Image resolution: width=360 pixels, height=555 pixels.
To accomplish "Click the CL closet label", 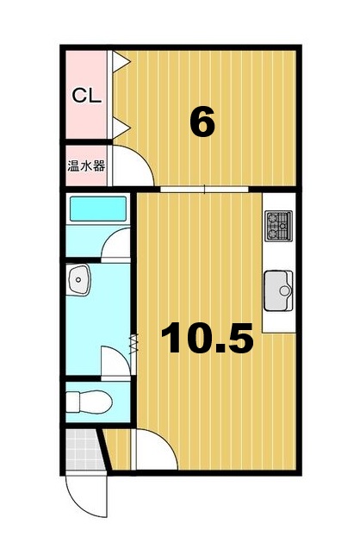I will tap(85, 95).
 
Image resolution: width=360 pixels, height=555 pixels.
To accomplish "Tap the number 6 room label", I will tap(202, 123).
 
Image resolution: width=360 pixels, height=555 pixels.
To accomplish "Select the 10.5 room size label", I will tap(208, 340).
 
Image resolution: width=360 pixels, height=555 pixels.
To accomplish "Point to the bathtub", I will tap(97, 209).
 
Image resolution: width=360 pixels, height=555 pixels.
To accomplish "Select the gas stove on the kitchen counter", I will tap(279, 226).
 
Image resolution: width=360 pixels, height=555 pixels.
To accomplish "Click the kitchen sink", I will tap(279, 286).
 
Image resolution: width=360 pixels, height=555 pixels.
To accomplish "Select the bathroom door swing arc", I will tap(117, 245).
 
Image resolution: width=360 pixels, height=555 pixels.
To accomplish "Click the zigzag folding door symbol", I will tap(133, 341).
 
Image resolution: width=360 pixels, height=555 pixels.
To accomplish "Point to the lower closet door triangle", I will tap(121, 127).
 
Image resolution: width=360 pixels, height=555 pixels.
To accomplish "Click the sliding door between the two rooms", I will tap(204, 187).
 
